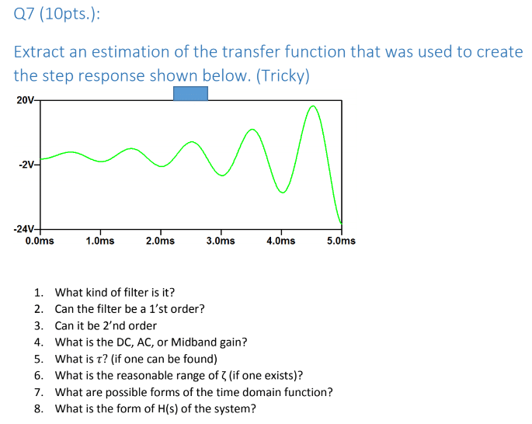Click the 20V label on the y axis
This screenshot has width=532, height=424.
click(25, 100)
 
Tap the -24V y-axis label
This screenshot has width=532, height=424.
click(24, 229)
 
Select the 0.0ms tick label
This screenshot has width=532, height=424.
click(40, 241)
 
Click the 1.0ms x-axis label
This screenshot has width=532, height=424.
click(100, 241)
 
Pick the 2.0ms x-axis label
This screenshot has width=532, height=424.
click(160, 241)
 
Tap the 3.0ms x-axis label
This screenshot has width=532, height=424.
click(221, 241)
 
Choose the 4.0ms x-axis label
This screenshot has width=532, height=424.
click(280, 241)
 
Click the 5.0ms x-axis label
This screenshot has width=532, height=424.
click(341, 241)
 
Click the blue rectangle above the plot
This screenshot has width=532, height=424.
click(190, 93)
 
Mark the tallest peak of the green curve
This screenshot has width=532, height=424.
click(313, 106)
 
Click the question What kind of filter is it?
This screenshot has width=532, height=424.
click(115, 292)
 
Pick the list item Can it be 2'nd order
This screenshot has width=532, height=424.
click(106, 325)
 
